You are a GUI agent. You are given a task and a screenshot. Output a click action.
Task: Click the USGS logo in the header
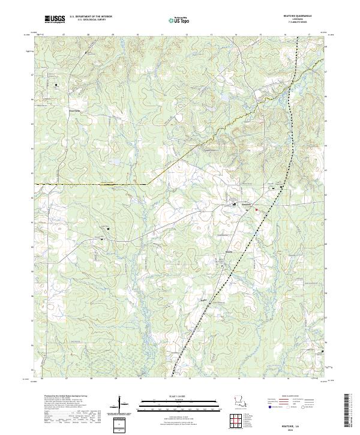coord(55,20)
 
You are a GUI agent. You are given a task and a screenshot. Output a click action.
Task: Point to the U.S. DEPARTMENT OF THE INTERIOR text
coord(91,17)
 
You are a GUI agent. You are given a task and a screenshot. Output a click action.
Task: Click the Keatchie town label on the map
coord(245,205)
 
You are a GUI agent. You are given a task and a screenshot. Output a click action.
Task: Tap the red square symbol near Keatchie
coord(257,209)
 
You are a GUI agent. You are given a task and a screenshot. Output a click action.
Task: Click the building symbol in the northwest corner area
coord(57,85)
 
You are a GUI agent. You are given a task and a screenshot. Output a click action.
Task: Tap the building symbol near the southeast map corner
coord(322,352)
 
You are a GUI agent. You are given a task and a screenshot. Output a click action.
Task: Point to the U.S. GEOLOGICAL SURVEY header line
coord(91,20)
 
